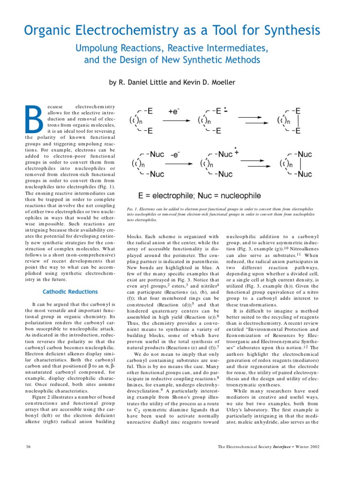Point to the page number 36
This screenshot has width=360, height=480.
click(x=29, y=447)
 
